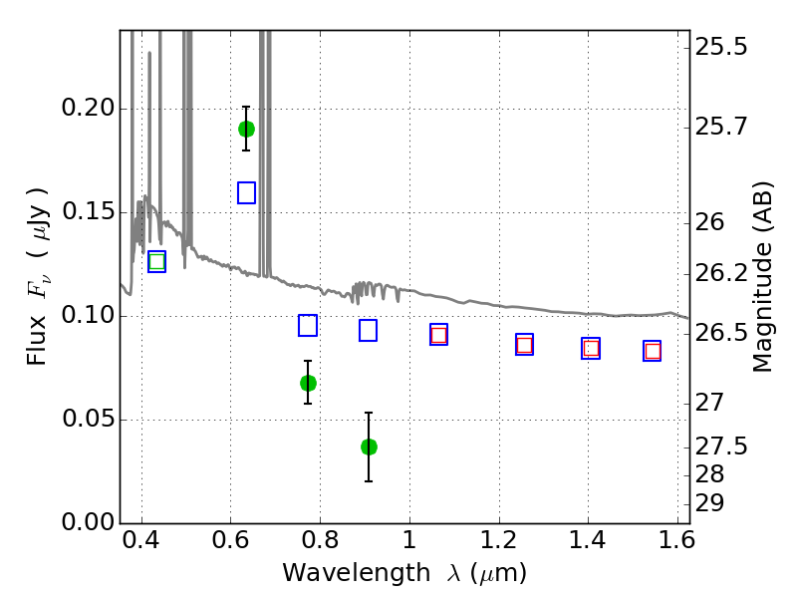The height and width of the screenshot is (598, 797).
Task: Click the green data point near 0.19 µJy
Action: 246,130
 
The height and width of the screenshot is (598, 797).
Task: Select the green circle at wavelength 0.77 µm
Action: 308,383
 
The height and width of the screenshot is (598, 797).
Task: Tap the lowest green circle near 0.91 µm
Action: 369,447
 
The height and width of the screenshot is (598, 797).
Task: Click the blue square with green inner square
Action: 156,261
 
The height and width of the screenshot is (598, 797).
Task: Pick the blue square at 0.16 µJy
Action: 246,192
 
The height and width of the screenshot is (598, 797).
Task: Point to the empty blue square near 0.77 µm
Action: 308,326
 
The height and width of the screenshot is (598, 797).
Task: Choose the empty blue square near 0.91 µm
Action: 368,331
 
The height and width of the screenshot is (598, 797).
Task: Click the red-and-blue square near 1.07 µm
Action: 438,335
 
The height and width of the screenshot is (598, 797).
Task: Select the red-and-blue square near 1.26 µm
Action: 525,345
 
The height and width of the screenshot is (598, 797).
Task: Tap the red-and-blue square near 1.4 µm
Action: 591,348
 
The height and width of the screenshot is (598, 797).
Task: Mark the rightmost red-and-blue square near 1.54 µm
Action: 653,351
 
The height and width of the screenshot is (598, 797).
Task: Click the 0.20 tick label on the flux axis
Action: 88,108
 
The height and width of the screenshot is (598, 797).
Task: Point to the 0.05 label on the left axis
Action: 88,419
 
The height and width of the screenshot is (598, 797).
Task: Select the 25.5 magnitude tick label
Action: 721,47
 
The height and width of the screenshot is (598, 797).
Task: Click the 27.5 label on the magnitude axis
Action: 721,447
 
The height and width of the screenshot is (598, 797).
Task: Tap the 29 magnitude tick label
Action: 709,503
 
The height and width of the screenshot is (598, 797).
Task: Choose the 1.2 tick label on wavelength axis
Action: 499,540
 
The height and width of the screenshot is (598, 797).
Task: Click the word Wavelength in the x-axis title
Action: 357,573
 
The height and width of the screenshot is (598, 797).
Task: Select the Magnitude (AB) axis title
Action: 762,277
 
